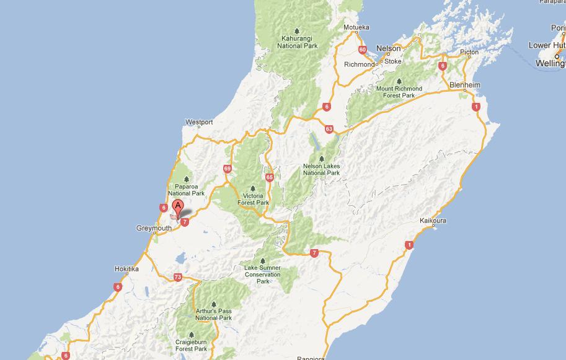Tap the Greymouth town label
(x=153, y=229)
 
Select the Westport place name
(x=199, y=122)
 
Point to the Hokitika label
(x=127, y=269)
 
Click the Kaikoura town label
(x=433, y=221)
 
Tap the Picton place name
(x=469, y=53)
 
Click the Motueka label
(x=356, y=27)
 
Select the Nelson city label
(x=389, y=48)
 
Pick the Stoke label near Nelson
(x=393, y=61)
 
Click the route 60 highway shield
(x=362, y=50)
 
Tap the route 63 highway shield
(x=329, y=129)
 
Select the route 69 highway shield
(x=228, y=169)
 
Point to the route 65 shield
(x=269, y=177)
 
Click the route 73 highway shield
(x=178, y=277)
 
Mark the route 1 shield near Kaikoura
(x=409, y=245)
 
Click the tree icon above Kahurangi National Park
(x=297, y=31)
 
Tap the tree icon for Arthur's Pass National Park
(x=213, y=304)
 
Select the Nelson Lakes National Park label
(x=321, y=169)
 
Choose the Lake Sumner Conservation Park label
(x=263, y=274)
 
